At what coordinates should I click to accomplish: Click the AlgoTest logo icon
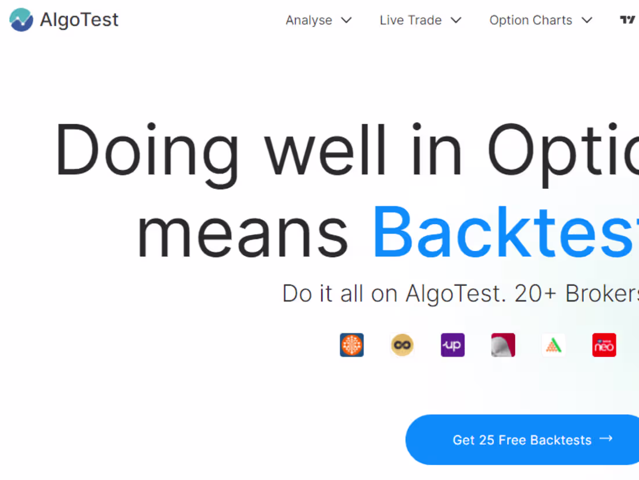(x=21, y=20)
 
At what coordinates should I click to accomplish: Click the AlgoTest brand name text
(x=79, y=20)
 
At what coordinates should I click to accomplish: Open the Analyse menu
(x=309, y=20)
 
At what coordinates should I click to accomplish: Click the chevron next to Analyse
(x=346, y=20)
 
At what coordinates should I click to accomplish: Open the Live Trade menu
(x=411, y=20)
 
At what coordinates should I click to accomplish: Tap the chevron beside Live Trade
(x=456, y=20)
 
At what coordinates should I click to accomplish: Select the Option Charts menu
(x=531, y=20)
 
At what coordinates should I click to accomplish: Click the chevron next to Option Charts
(x=587, y=20)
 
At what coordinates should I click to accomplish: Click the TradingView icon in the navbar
(x=627, y=20)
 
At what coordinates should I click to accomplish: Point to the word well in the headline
(x=325, y=150)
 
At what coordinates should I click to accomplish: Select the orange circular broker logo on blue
(x=352, y=345)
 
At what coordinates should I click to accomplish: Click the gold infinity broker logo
(x=402, y=345)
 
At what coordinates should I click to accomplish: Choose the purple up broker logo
(x=453, y=345)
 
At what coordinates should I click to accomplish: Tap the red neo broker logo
(x=604, y=345)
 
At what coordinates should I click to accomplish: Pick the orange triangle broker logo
(x=554, y=345)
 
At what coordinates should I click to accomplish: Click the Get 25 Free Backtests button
(x=522, y=440)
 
